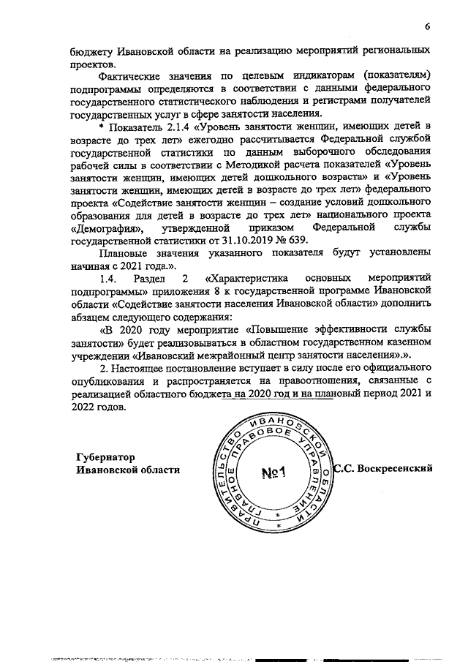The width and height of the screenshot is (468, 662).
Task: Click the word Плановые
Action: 126,254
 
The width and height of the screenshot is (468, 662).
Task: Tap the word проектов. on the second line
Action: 92,64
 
